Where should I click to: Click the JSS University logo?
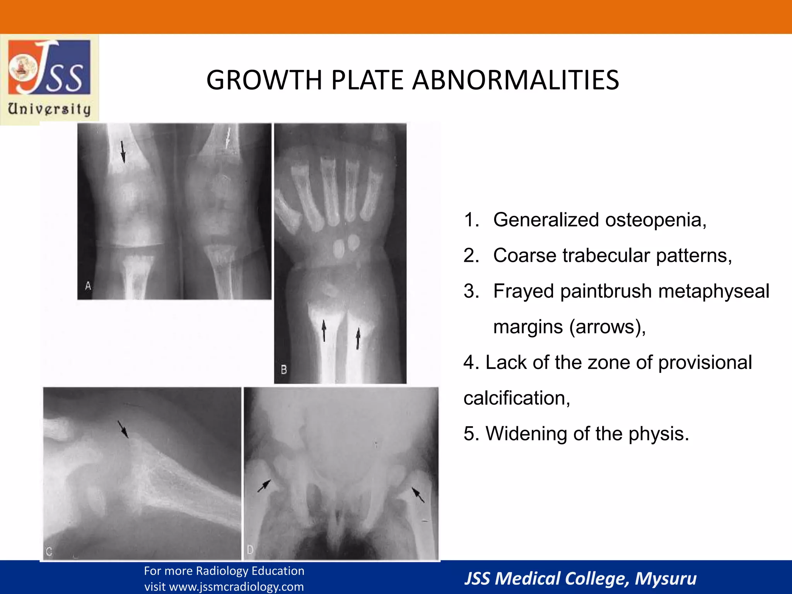[49, 79]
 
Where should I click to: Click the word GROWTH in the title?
[264, 80]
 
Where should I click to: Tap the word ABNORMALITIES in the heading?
[515, 80]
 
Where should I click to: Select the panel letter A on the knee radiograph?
[88, 286]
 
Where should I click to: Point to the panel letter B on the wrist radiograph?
[284, 370]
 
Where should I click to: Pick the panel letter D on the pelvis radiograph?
[250, 550]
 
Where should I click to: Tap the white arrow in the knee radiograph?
[228, 139]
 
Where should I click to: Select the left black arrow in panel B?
[324, 330]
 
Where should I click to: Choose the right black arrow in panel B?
[358, 338]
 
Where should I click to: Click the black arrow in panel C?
[123, 429]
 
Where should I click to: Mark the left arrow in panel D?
[264, 486]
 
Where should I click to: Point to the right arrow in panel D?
[418, 495]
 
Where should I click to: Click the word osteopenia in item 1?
[655, 220]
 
